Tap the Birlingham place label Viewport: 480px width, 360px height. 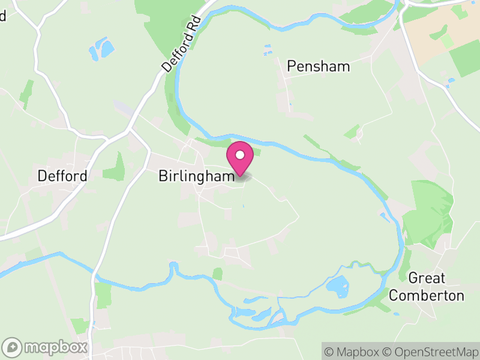coord(196,176)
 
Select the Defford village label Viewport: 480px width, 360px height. coord(62,176)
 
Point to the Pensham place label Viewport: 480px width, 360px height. coord(318,66)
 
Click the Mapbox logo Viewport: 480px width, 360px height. coord(46,347)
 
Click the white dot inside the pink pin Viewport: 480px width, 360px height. coord(240,155)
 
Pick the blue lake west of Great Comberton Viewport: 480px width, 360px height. coord(338,287)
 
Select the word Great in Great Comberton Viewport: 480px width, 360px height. coord(427,278)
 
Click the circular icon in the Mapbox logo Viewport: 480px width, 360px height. coord(13,347)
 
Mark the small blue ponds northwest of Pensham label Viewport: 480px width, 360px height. coord(268,49)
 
